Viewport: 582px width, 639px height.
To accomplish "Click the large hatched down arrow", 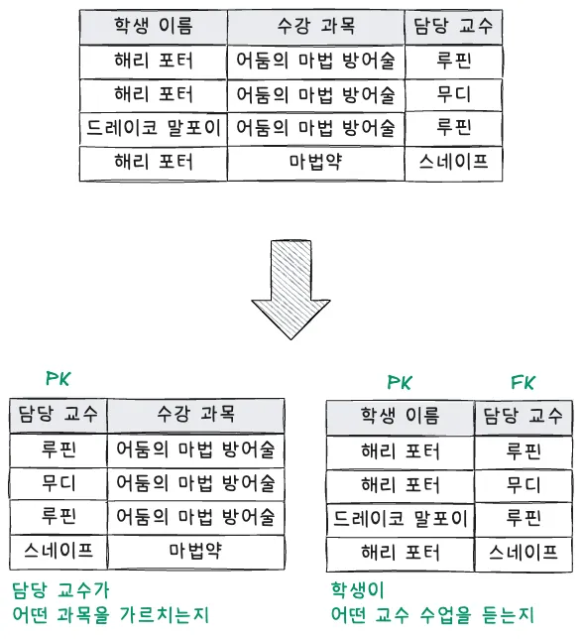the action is point(291,290).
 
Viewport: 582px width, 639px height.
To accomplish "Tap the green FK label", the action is point(523,382).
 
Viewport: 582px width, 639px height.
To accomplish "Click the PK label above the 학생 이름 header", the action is point(400,382).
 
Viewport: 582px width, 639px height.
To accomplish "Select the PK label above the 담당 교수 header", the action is point(58,378).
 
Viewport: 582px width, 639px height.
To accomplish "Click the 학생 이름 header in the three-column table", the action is point(153,26).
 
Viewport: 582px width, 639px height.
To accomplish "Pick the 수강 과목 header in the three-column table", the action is point(316,26).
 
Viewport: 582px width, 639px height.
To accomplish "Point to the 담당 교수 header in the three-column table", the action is point(453,26).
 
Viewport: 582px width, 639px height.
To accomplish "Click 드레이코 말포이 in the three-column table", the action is point(153,128).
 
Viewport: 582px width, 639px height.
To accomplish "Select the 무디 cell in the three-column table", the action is point(453,94).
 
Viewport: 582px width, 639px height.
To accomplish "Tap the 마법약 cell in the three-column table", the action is point(316,162).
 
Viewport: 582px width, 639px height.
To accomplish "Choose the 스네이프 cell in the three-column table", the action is point(453,162).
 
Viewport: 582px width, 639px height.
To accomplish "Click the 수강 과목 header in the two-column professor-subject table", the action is point(196,415).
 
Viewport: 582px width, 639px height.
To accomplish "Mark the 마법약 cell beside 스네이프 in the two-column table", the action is point(196,551).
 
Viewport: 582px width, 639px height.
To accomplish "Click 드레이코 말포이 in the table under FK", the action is point(400,519).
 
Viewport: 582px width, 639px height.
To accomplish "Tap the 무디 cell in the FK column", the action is point(524,485).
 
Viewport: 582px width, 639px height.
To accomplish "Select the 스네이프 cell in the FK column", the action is point(524,553).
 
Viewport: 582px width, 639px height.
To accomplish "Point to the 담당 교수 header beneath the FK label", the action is point(524,417).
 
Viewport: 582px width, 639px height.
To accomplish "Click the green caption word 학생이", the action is point(358,590).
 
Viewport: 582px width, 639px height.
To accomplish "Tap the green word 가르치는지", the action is point(165,614).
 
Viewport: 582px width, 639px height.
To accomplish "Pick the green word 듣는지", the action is point(509,614).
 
